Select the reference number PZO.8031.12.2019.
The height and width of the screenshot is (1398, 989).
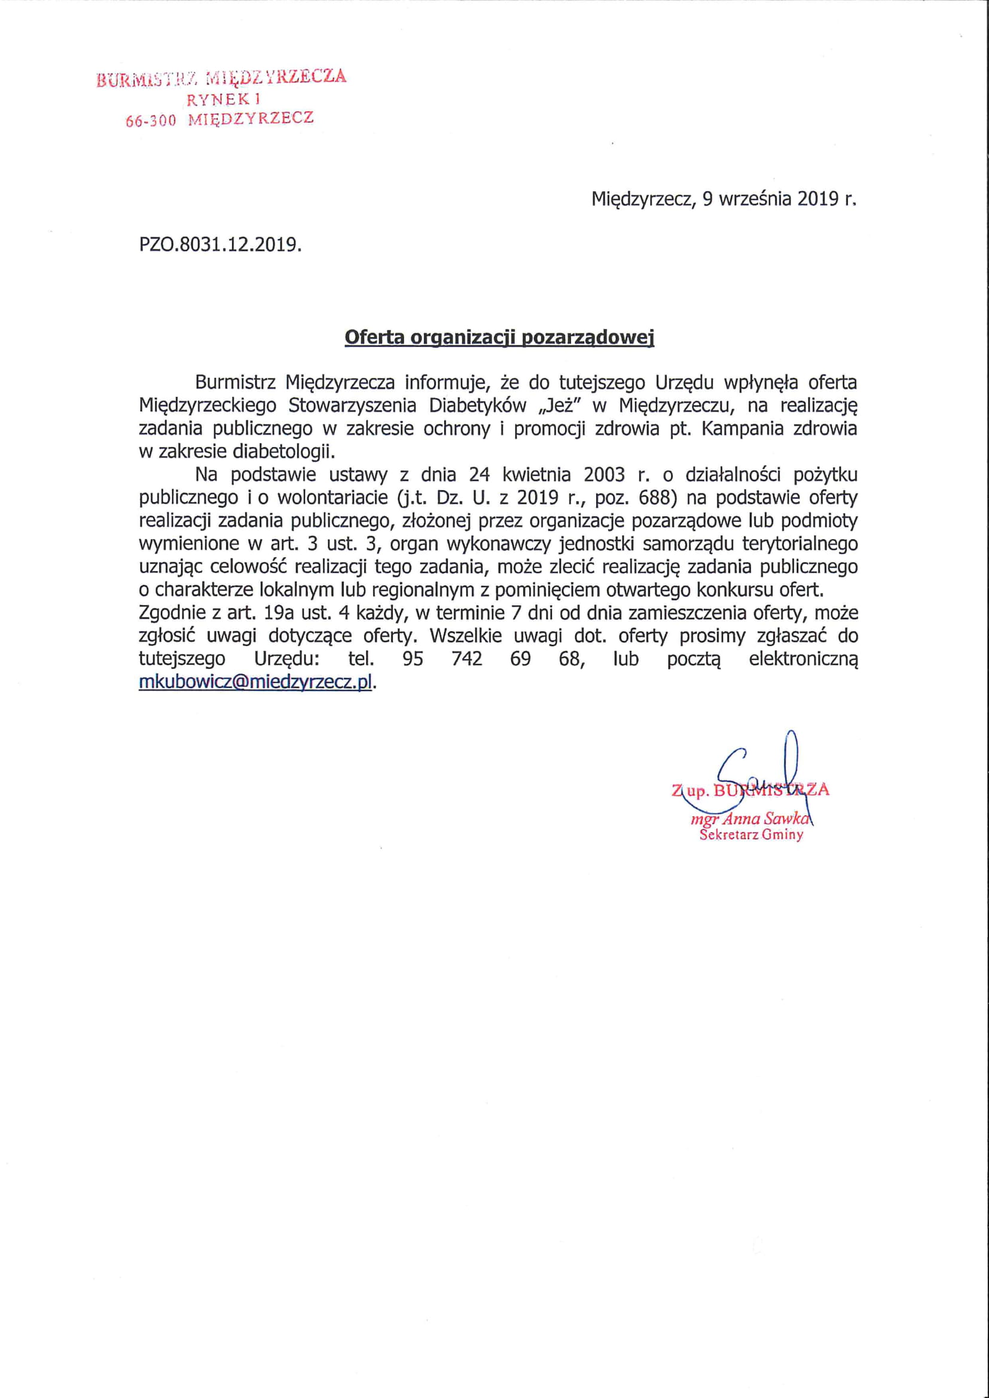pos(220,245)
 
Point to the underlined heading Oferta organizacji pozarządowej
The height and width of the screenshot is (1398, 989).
pos(499,337)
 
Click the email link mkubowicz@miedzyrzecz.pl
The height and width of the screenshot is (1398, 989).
pos(255,682)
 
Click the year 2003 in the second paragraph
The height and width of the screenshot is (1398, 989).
pos(605,475)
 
